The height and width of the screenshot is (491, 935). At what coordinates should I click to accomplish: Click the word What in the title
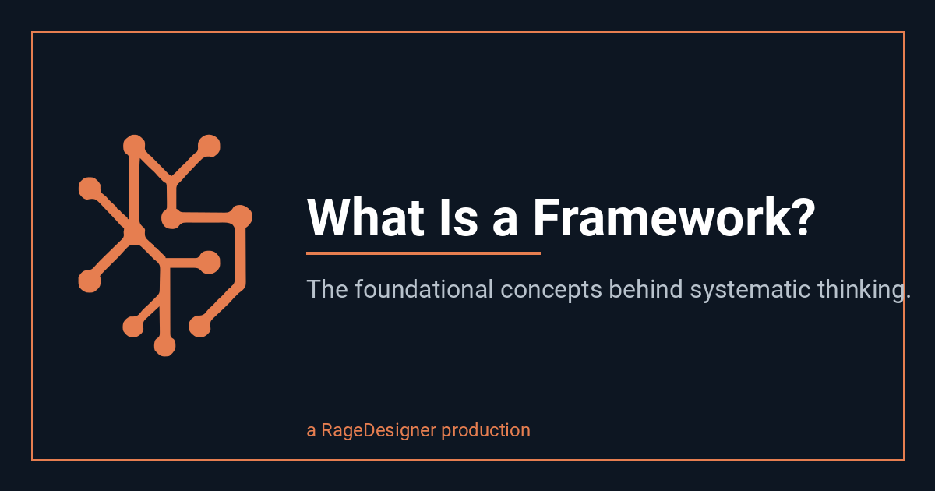(x=365, y=217)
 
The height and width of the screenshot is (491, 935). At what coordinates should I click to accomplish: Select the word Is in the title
(x=459, y=217)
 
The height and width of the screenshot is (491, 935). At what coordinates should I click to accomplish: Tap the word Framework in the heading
(x=664, y=217)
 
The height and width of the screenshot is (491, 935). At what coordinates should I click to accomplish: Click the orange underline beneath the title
(x=423, y=253)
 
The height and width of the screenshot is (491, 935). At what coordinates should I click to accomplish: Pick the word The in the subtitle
(x=327, y=289)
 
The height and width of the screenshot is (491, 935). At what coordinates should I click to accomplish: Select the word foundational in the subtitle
(x=424, y=288)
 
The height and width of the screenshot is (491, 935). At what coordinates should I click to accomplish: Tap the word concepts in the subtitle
(x=551, y=291)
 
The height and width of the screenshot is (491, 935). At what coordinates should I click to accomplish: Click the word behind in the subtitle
(x=646, y=288)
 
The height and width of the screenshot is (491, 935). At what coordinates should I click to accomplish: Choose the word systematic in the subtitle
(x=750, y=291)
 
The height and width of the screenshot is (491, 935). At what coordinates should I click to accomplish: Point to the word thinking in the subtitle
(x=861, y=291)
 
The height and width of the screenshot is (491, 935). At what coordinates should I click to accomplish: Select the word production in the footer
(x=486, y=431)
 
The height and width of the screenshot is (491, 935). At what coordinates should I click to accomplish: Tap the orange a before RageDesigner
(x=311, y=432)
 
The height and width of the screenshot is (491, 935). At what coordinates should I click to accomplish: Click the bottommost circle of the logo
(x=165, y=345)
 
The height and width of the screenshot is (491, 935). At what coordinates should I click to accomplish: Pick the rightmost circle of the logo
(x=241, y=217)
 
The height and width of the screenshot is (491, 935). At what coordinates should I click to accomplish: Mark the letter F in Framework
(x=547, y=217)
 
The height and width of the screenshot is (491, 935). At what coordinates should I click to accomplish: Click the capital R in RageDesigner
(x=327, y=430)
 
